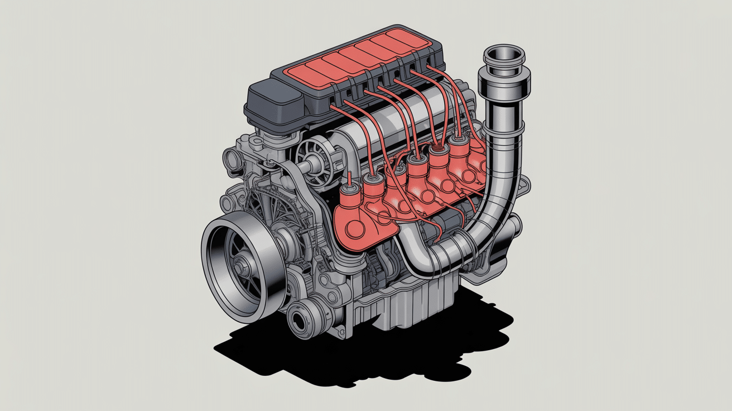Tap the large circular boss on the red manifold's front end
(355, 229)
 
